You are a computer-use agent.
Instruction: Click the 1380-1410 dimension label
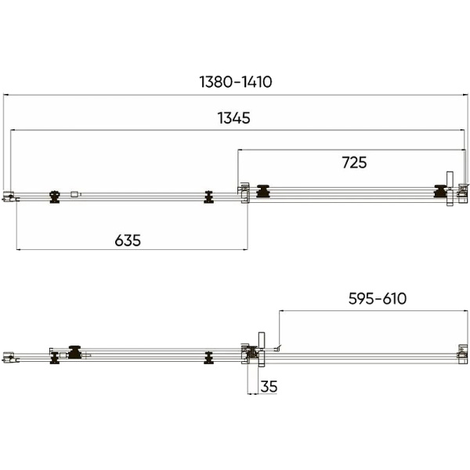[236, 81]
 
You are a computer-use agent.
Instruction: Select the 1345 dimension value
[233, 117]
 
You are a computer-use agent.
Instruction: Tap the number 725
[354, 162]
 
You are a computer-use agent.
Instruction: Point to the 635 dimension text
[128, 240]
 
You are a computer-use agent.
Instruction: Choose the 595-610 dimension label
[378, 298]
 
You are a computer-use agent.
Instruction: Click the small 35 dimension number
[269, 386]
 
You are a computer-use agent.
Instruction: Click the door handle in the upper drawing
[450, 189]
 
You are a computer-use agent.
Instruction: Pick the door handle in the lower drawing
[262, 349]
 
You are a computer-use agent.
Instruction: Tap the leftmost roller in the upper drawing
[55, 197]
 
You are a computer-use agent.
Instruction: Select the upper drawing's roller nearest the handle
[440, 191]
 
